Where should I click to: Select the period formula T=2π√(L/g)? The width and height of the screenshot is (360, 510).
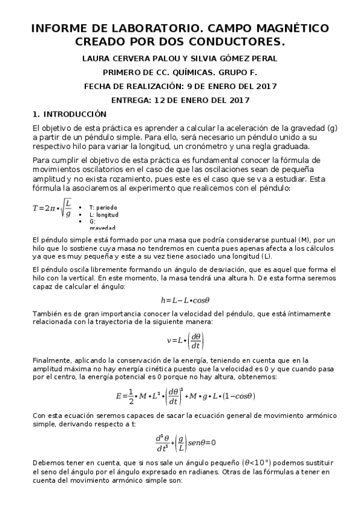tap(52, 209)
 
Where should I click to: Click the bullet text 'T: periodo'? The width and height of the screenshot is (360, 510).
tap(103, 207)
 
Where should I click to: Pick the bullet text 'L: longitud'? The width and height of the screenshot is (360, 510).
tap(103, 214)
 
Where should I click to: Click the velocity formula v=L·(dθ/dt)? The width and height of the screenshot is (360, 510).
tap(186, 341)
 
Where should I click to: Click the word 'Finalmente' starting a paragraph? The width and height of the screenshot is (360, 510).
tap(53, 360)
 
